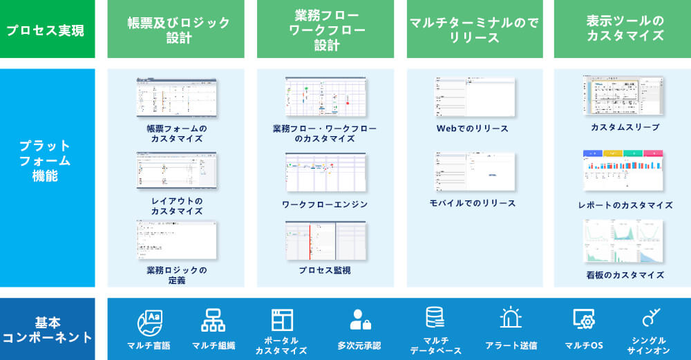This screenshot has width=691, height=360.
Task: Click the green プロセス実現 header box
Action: (47, 30)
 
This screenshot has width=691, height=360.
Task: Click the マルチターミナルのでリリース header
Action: (474, 30)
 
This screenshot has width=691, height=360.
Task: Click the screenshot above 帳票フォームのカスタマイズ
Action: (177, 97)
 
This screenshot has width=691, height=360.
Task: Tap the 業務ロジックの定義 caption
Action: (177, 275)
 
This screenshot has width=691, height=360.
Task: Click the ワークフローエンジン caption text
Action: (325, 205)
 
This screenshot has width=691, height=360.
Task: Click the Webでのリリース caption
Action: (473, 129)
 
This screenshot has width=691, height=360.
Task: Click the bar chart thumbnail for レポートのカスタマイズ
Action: (623, 170)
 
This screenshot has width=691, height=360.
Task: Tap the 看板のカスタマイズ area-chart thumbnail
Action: (623, 241)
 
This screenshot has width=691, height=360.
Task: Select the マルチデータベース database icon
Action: (435, 318)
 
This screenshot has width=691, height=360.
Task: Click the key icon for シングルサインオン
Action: (650, 319)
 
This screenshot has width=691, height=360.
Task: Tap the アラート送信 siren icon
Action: (511, 319)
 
